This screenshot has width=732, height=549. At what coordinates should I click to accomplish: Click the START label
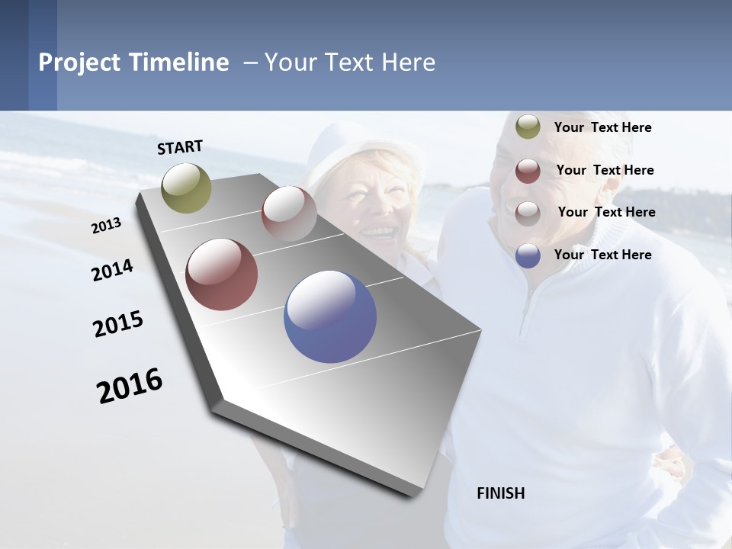pyautogui.click(x=180, y=147)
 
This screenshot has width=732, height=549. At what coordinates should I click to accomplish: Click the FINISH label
pyautogui.click(x=500, y=493)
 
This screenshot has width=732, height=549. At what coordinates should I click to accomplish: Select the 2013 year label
pyautogui.click(x=106, y=226)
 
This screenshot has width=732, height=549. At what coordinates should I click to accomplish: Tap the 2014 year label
pyautogui.click(x=112, y=271)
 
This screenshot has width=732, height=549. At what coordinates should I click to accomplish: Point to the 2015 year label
pyautogui.click(x=118, y=324)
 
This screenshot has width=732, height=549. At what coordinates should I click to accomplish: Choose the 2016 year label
pyautogui.click(x=130, y=385)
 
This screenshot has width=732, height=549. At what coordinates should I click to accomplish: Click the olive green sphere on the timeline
pyautogui.click(x=187, y=188)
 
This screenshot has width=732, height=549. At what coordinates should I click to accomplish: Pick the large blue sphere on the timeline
pyautogui.click(x=330, y=316)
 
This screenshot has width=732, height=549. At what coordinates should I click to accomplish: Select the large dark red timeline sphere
pyautogui.click(x=222, y=274)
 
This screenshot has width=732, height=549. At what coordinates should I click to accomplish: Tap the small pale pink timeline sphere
pyautogui.click(x=289, y=213)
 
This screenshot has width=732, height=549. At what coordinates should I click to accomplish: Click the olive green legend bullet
pyautogui.click(x=528, y=127)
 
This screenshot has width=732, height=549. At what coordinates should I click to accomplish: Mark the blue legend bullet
pyautogui.click(x=528, y=255)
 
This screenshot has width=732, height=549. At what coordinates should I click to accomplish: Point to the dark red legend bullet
pyautogui.click(x=528, y=171)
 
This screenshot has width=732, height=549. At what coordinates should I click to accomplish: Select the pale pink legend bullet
pyautogui.click(x=528, y=213)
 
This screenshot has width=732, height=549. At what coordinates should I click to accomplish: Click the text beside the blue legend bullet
pyautogui.click(x=602, y=255)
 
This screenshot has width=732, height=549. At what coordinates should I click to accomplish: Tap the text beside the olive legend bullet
pyautogui.click(x=602, y=127)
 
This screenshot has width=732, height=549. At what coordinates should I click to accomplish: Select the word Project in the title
pyautogui.click(x=80, y=63)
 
